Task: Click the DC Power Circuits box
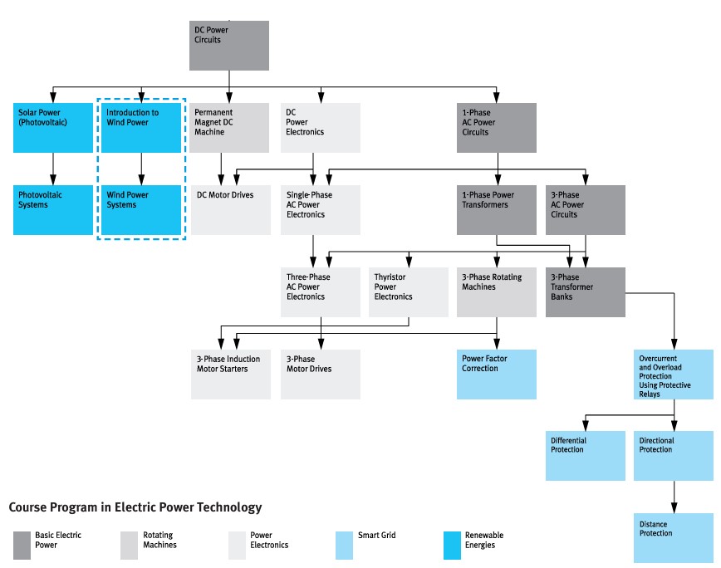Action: [x=229, y=46]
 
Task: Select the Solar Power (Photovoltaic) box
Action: [x=53, y=128]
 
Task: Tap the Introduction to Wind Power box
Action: [x=141, y=128]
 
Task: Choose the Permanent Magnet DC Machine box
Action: [x=229, y=128]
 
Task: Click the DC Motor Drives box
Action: [x=231, y=210]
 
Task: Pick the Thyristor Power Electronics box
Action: [x=409, y=292]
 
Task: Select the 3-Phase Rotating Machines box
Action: [x=497, y=292]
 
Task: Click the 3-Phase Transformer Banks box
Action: [x=586, y=292]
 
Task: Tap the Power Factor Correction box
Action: [x=497, y=375]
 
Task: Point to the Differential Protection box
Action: [x=586, y=456]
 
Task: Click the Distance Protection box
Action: [x=674, y=538]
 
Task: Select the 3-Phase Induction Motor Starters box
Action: [x=231, y=375]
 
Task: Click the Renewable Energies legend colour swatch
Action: [x=452, y=546]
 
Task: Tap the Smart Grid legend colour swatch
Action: [x=344, y=546]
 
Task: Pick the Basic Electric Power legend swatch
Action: [x=22, y=546]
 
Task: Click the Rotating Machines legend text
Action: [x=159, y=540]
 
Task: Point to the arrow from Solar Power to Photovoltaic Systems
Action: [x=53, y=169]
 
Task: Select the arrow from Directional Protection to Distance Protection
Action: [x=674, y=497]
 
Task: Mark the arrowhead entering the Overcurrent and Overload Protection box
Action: [x=674, y=344]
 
